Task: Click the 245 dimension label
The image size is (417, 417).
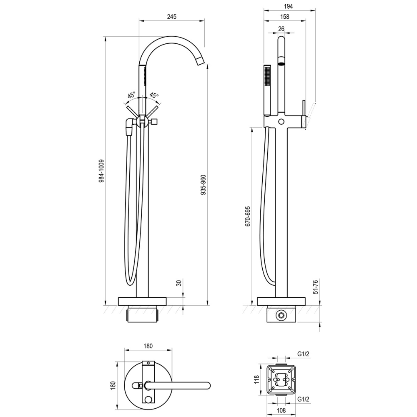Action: (171, 17)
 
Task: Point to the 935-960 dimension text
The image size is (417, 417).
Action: (203, 184)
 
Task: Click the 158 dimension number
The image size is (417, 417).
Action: (285, 17)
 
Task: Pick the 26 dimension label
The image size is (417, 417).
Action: (281, 28)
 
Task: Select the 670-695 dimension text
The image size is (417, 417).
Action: (248, 216)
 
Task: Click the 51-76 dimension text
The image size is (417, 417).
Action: (316, 287)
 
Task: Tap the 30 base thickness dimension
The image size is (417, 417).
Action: (178, 283)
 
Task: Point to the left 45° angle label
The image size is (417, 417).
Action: (131, 95)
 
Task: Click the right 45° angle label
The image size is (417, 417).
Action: (154, 95)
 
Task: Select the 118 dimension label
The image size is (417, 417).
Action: (258, 379)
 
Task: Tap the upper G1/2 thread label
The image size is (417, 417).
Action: (304, 354)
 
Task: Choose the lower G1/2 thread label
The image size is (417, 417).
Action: (304, 399)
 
